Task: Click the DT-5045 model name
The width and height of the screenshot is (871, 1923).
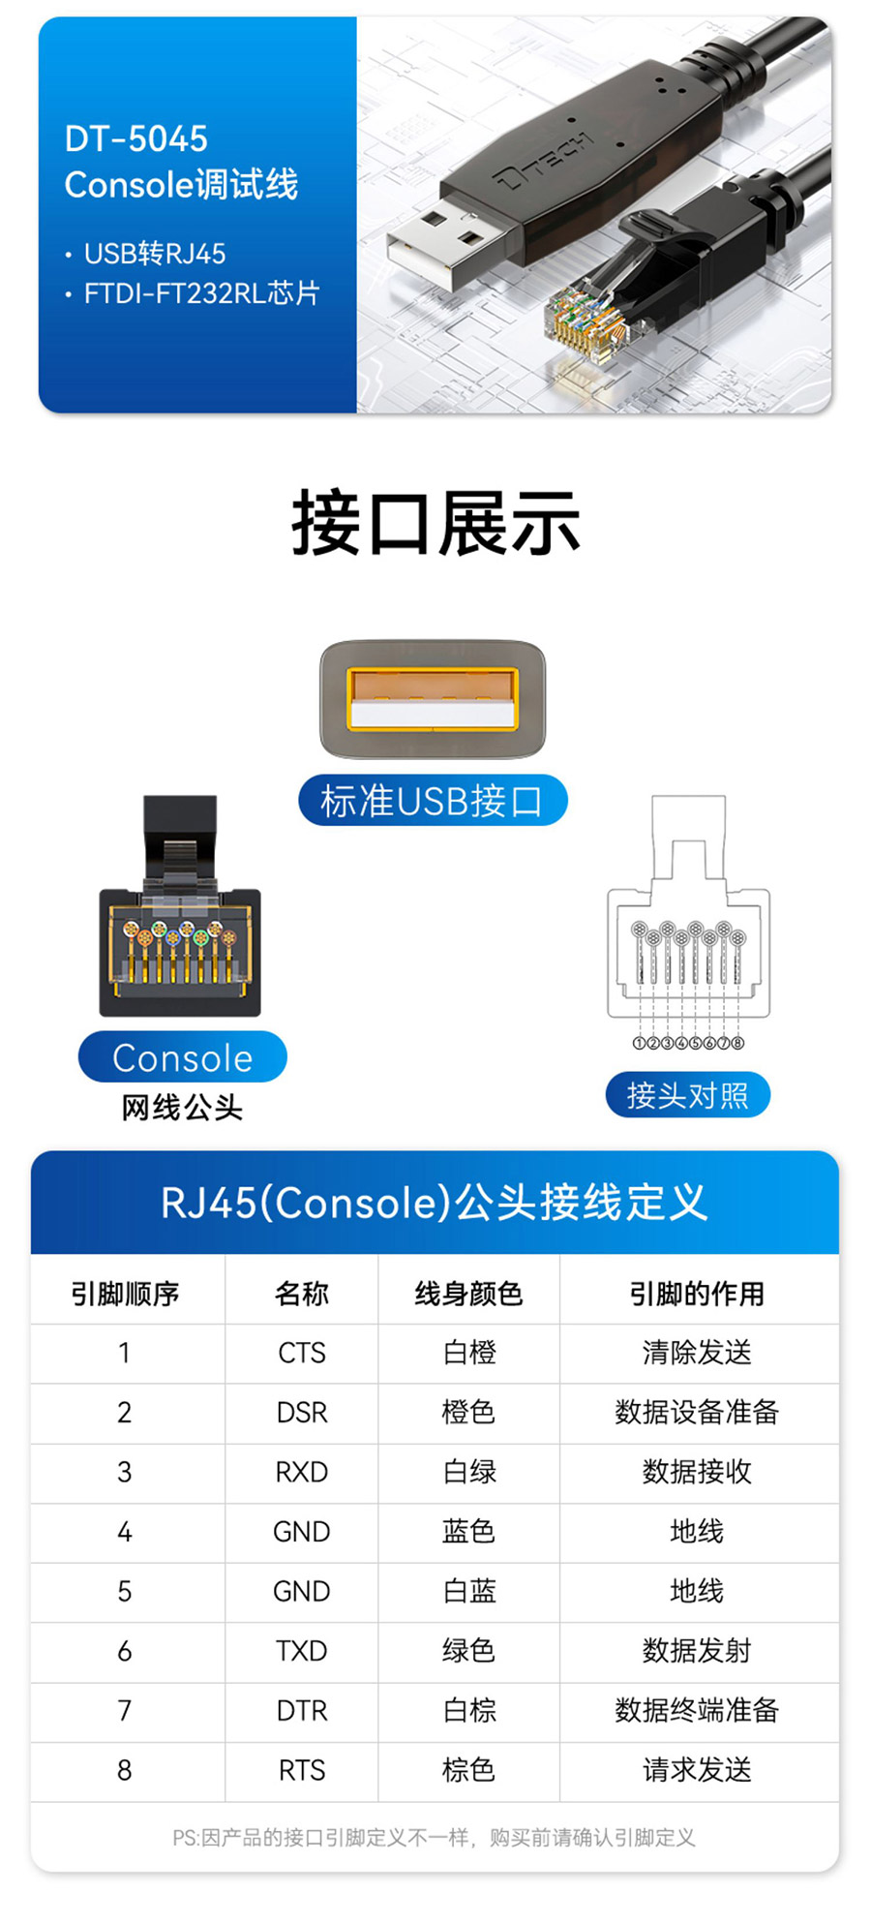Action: [135, 139]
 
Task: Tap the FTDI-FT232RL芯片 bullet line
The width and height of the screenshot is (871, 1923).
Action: [200, 292]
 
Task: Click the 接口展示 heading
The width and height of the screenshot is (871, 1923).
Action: [435, 524]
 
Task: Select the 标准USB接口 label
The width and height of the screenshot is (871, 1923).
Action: [432, 801]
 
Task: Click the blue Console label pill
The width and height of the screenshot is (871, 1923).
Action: [182, 1057]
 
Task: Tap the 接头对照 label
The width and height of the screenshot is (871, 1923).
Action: [687, 1095]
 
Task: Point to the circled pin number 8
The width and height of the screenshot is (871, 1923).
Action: [738, 1043]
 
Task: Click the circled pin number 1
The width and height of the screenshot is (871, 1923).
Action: [639, 1043]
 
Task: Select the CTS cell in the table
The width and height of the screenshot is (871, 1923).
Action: [302, 1353]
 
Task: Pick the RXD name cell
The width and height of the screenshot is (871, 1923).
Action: [302, 1472]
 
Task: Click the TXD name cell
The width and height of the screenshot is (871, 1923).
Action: [302, 1651]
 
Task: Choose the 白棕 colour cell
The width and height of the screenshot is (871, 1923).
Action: [469, 1711]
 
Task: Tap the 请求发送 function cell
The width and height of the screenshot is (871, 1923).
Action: [697, 1770]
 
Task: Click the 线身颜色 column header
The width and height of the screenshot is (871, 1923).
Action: [469, 1294]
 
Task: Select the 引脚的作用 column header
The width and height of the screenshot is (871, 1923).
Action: [697, 1294]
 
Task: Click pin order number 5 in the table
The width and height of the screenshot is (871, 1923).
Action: [125, 1591]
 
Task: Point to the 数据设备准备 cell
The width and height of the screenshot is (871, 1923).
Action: [697, 1412]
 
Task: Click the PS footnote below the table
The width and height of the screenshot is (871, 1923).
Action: [434, 1838]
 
